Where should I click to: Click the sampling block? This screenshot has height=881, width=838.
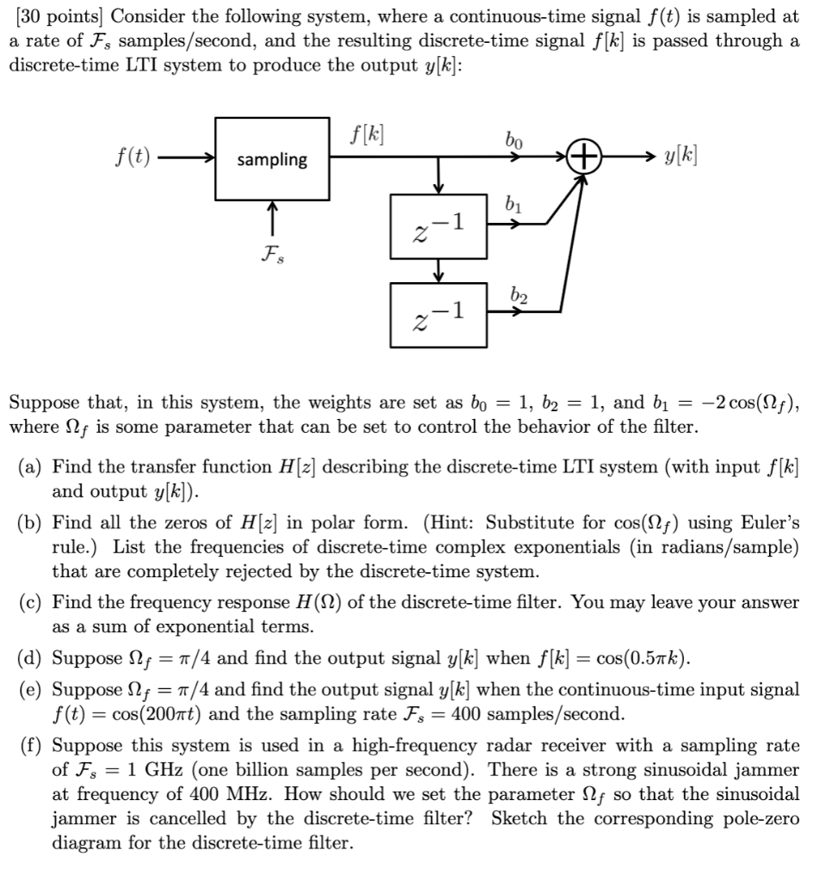[x=272, y=159]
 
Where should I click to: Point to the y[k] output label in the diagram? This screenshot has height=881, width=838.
[x=680, y=158]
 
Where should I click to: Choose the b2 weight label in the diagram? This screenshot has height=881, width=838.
[x=515, y=293]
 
